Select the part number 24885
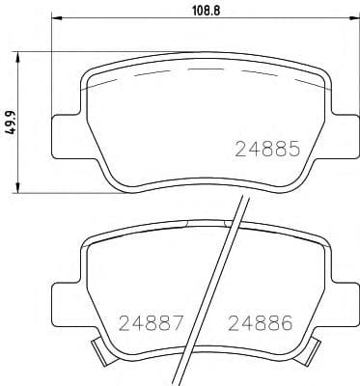coord(269,150)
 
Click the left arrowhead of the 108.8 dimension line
coord(54,20)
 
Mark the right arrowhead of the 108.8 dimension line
coord(346,20)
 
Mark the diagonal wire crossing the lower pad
coord(213,289)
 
